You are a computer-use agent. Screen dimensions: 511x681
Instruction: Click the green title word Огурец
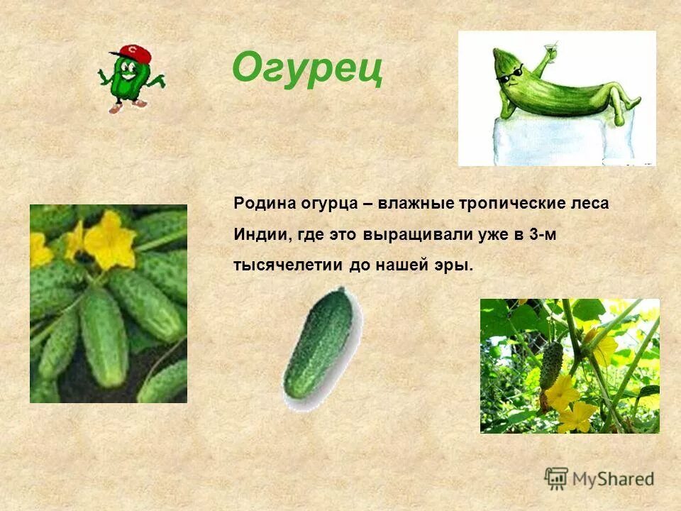pyautogui.click(x=307, y=69)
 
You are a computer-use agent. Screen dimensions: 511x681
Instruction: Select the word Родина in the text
pyautogui.click(x=261, y=204)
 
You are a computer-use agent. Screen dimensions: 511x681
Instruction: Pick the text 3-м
pyautogui.click(x=543, y=234)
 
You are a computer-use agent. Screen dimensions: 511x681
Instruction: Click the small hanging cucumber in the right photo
pyautogui.click(x=551, y=365)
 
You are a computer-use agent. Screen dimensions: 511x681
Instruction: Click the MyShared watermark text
pyautogui.click(x=614, y=479)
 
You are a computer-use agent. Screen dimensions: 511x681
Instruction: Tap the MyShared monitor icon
pyautogui.click(x=557, y=478)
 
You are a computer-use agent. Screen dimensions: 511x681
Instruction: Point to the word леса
pyautogui.click(x=590, y=204)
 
